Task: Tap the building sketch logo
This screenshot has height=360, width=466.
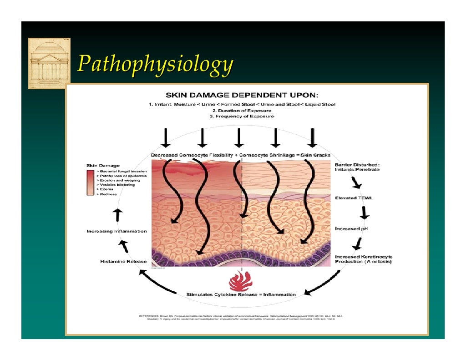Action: tap(49, 63)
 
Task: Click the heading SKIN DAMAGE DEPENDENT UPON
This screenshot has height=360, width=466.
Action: tap(242, 96)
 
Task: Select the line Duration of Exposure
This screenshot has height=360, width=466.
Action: tap(242, 110)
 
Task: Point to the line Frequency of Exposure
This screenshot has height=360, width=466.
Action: tap(242, 117)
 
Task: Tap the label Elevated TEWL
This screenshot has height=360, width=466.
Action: tap(354, 198)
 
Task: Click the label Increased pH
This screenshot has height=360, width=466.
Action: tap(351, 228)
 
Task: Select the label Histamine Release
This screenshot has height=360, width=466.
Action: tap(123, 261)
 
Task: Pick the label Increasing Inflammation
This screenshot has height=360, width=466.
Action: tap(116, 231)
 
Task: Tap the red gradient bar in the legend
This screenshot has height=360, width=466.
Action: tap(90, 182)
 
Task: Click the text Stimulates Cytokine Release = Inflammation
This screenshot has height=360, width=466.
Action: tap(241, 294)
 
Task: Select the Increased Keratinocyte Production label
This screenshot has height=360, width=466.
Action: tap(364, 259)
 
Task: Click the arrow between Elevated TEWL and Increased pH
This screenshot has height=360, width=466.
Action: tap(364, 213)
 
